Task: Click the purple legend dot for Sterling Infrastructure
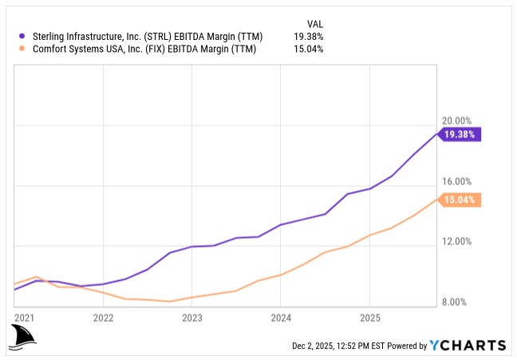coord(20,36)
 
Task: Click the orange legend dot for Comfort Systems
coord(20,49)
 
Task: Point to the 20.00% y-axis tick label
coord(458,121)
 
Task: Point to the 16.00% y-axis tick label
coord(458,182)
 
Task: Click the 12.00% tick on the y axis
coord(458,242)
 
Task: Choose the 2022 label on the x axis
coord(103,317)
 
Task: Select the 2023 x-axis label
coord(191,317)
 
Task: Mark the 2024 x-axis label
coord(280,317)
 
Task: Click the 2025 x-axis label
coord(369,317)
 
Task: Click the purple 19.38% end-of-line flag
coord(460,135)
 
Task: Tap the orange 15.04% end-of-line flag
coord(460,200)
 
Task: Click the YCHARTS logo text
coord(468,346)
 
